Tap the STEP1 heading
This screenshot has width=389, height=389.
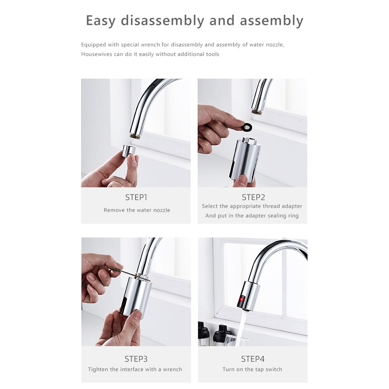coord(136,197)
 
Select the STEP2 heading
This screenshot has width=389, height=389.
coord(253,197)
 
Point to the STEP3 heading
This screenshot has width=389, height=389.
coord(136,359)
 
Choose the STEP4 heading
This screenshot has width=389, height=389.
coord(252,359)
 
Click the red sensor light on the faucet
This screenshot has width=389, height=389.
coord(241,299)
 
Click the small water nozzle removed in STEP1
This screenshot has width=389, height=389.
coord(129,151)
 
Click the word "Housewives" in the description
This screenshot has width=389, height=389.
coord(97,54)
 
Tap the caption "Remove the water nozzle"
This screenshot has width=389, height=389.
coord(137,210)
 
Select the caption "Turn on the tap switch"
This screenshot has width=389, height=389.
coord(252,370)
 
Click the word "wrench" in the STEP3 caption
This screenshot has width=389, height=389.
coord(173,370)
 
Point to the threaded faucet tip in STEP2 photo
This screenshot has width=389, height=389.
coord(256,111)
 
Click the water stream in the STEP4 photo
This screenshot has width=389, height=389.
coord(241,326)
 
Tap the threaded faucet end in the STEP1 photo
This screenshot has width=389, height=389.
coord(136,136)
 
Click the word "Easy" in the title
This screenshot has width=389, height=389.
coord(101,21)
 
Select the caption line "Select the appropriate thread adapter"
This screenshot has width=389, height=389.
coord(252,206)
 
